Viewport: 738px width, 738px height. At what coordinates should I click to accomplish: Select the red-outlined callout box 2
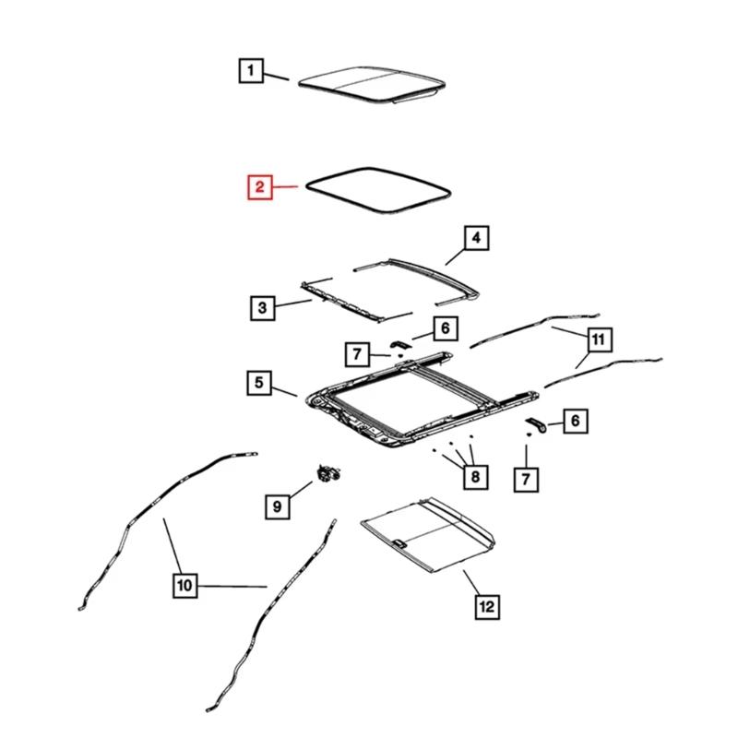coord(260,188)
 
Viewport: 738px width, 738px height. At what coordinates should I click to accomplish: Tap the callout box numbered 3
coord(262,307)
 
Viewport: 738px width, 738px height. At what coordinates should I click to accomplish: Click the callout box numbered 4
coord(476,240)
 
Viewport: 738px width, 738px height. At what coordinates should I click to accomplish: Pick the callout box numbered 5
coord(259,381)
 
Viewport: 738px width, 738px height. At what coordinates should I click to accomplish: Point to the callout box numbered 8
coord(474,476)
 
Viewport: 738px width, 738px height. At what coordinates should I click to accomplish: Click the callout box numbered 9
coord(275,505)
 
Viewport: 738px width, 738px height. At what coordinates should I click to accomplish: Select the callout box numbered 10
coord(184,585)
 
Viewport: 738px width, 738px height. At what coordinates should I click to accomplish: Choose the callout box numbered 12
coord(487,606)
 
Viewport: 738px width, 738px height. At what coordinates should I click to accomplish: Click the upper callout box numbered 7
coord(357,352)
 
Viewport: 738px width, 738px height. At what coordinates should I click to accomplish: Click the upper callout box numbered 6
coord(443,327)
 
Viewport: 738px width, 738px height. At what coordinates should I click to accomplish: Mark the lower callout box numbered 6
coord(574,422)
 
